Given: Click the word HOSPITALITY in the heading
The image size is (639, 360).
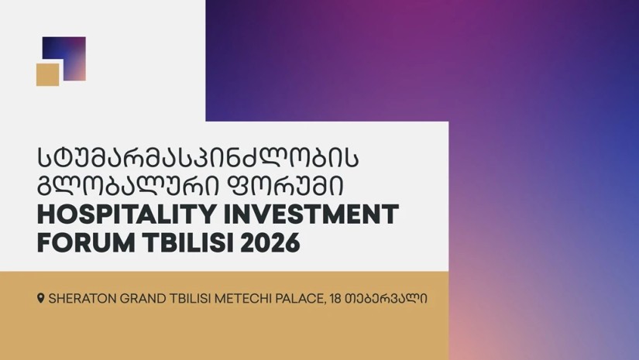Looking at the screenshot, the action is point(126,214).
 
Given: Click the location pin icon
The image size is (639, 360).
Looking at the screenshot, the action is point(41,298).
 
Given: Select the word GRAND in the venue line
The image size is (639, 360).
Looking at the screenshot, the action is point(142,299).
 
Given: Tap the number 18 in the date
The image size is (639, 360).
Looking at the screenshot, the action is point(336,299).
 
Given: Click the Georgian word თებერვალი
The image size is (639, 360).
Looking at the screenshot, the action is point(386,299).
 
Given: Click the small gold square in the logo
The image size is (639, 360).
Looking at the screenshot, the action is point(48,74).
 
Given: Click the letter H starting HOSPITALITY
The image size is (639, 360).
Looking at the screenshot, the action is point(45,214).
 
